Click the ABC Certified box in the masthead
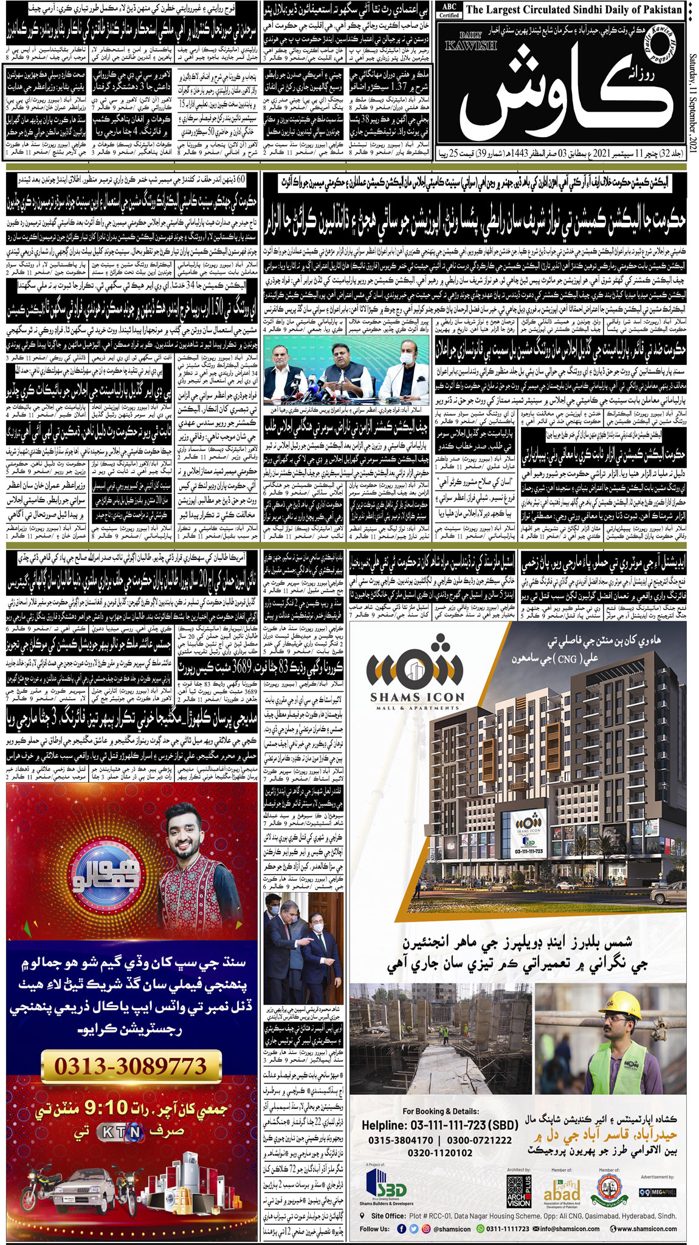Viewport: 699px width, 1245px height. (x=449, y=11)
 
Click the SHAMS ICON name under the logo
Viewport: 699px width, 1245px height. (x=417, y=697)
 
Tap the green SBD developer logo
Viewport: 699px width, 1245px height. (x=385, y=1187)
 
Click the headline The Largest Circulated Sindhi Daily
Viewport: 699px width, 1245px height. (x=574, y=10)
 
